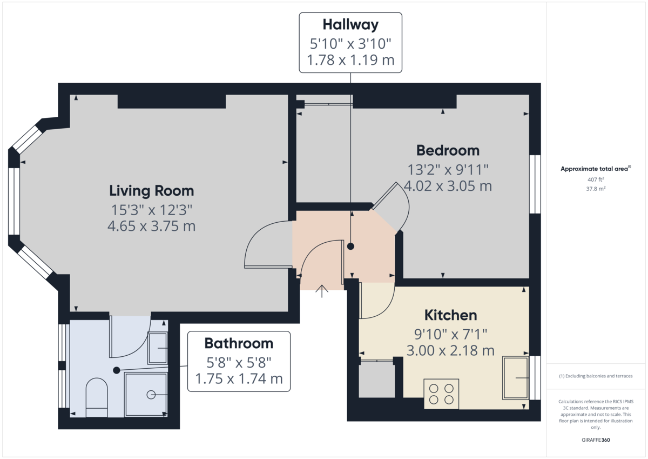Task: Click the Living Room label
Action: click(151, 190)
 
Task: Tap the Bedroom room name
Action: click(448, 150)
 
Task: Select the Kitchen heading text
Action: click(450, 315)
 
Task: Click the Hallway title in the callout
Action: click(350, 24)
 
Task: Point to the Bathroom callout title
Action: click(239, 343)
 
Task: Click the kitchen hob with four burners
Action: click(441, 394)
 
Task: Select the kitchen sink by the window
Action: click(515, 378)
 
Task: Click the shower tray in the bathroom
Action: click(146, 395)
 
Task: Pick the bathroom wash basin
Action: click(157, 348)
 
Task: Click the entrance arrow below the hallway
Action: click(322, 291)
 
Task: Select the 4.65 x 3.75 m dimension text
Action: click(151, 226)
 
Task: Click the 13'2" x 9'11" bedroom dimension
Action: click(448, 169)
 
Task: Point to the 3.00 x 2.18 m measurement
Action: click(450, 350)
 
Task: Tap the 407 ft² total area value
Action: click(596, 179)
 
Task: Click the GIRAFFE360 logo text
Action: click(596, 440)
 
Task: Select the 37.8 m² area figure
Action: click(596, 189)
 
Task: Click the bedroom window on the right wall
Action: click(535, 184)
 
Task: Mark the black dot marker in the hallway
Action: click(350, 247)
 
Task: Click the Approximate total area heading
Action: click(595, 169)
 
